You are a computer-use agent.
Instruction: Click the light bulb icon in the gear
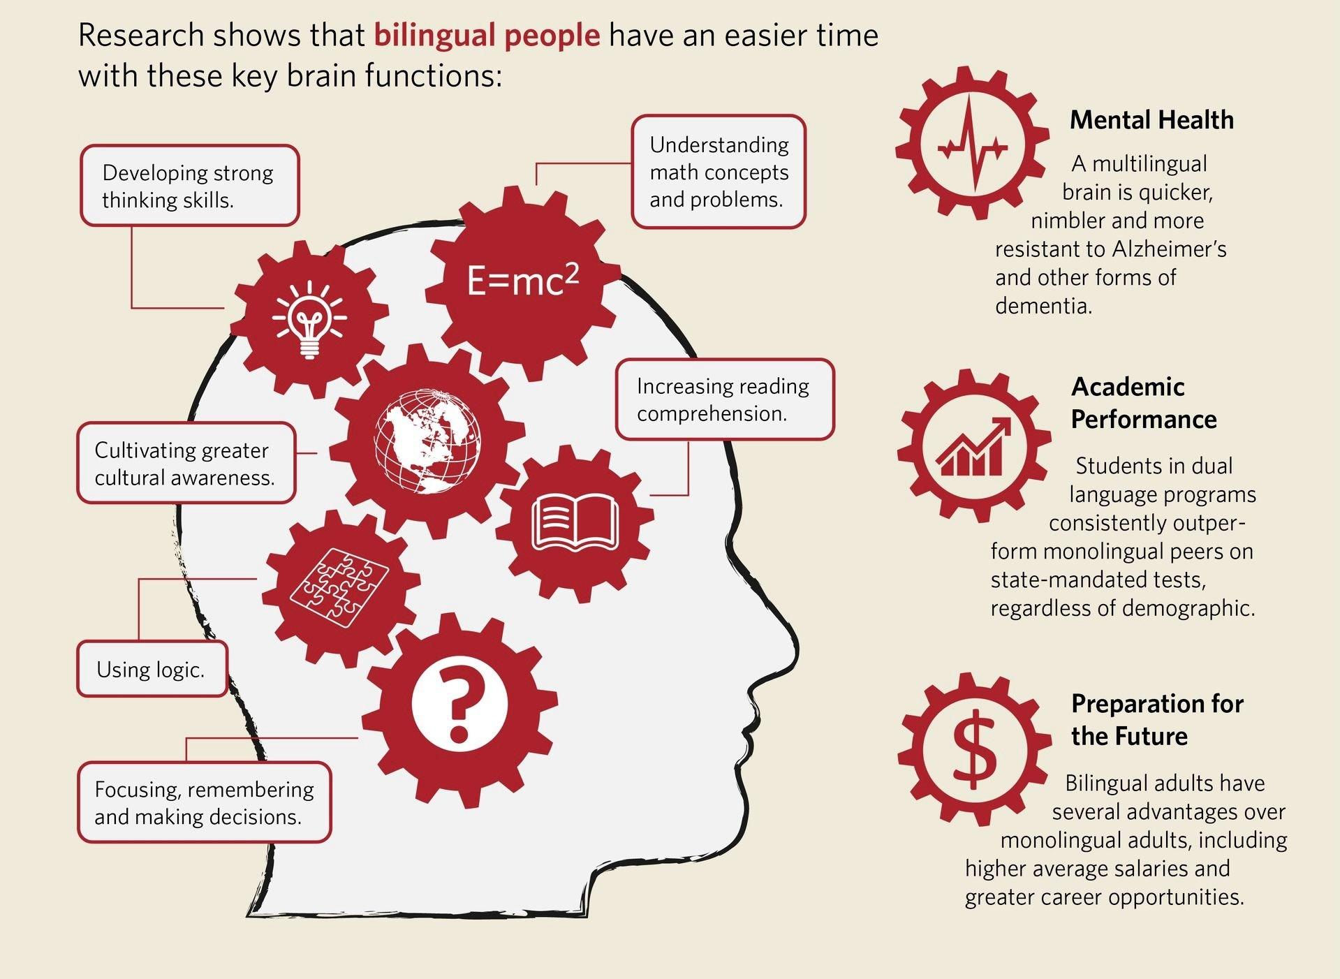(x=309, y=319)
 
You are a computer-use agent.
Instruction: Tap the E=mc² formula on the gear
(x=522, y=280)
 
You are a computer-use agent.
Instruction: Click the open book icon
(x=575, y=521)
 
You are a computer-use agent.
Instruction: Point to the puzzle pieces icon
(x=340, y=585)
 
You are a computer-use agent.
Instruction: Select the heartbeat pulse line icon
(x=973, y=145)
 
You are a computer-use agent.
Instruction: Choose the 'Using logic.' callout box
(x=152, y=670)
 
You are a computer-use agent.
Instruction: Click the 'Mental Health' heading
(x=1151, y=120)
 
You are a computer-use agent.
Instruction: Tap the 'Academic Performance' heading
(x=1143, y=403)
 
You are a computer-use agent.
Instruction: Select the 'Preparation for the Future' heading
(x=1157, y=719)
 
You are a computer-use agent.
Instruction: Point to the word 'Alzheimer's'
(x=1169, y=249)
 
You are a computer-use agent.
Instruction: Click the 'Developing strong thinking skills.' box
(x=189, y=186)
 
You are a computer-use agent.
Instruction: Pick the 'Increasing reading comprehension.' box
(x=724, y=399)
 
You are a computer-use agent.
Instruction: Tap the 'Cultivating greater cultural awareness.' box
(x=186, y=463)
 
